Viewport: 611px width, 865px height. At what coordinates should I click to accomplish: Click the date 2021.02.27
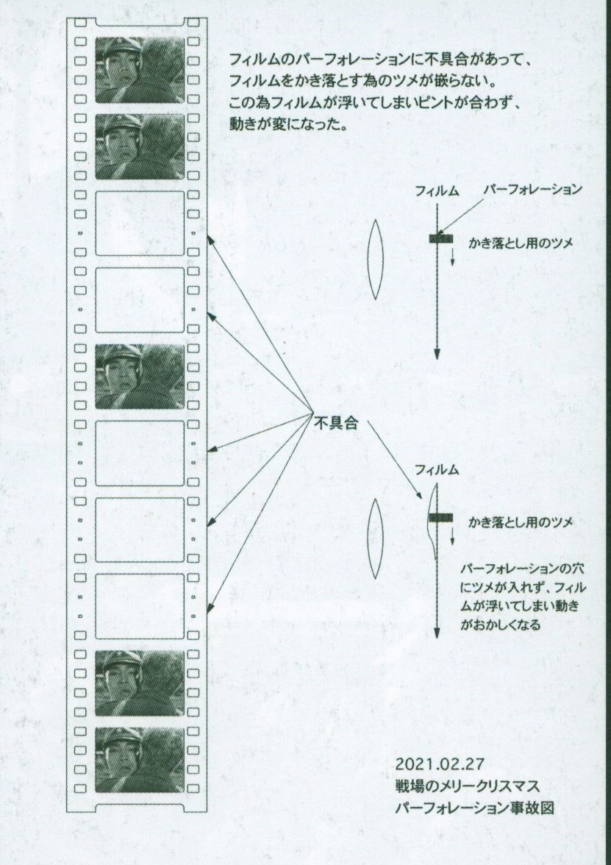pyautogui.click(x=440, y=765)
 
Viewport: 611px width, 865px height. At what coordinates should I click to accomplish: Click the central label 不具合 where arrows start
pyautogui.click(x=337, y=423)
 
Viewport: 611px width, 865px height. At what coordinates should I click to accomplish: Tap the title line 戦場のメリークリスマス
pyautogui.click(x=467, y=786)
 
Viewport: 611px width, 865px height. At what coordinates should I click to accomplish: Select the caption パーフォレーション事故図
pyautogui.click(x=474, y=808)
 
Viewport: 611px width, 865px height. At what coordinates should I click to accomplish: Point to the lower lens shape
pyautogui.click(x=376, y=538)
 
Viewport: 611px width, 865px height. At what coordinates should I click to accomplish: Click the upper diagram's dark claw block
pyautogui.click(x=441, y=238)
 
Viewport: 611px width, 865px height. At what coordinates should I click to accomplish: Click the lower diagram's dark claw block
pyautogui.click(x=441, y=518)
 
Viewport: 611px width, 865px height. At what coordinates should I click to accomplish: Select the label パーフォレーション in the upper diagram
pyautogui.click(x=532, y=189)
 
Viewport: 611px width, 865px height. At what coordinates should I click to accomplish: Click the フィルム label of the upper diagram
pyautogui.click(x=437, y=191)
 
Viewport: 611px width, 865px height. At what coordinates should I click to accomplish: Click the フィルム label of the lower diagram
pyautogui.click(x=437, y=470)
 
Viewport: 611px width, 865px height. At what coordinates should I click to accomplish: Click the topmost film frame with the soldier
pyautogui.click(x=140, y=70)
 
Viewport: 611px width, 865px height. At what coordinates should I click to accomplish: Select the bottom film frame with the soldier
pyautogui.click(x=140, y=761)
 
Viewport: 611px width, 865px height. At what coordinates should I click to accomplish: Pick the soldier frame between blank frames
pyautogui.click(x=140, y=377)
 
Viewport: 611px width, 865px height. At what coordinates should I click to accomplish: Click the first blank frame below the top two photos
pyautogui.click(x=140, y=224)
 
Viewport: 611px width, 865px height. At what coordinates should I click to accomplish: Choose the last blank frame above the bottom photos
pyautogui.click(x=140, y=606)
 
